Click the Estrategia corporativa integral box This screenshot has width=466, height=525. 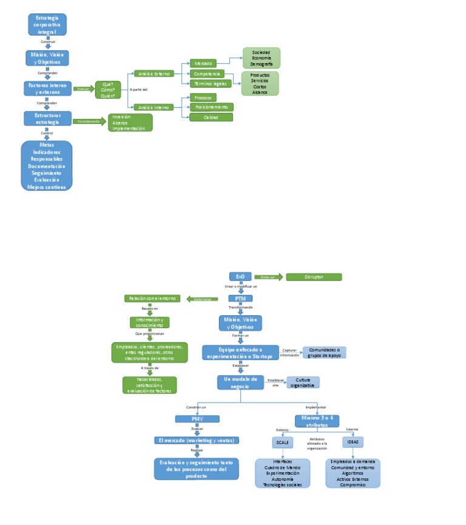[x=47, y=25]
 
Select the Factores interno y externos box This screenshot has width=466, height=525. [x=47, y=89]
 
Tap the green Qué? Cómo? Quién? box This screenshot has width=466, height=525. [x=109, y=89]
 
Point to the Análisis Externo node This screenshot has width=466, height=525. [x=154, y=73]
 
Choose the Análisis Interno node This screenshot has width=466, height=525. [x=154, y=107]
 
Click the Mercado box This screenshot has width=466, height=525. [x=203, y=63]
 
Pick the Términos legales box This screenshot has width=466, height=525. [x=211, y=84]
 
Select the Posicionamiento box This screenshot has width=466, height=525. [x=211, y=107]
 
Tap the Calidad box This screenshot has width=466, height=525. [x=211, y=117]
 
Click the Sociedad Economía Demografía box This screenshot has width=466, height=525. [x=262, y=58]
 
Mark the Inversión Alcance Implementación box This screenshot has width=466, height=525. [x=130, y=122]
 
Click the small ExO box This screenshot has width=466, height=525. [x=240, y=276]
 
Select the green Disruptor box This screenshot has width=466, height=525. [x=314, y=277]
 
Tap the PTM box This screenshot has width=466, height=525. [x=240, y=298]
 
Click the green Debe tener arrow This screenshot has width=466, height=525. [x=203, y=299]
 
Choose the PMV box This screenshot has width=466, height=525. [x=197, y=419]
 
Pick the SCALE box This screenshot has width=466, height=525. [x=283, y=443]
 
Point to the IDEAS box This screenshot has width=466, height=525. [x=353, y=443]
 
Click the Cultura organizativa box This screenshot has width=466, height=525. [x=303, y=382]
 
